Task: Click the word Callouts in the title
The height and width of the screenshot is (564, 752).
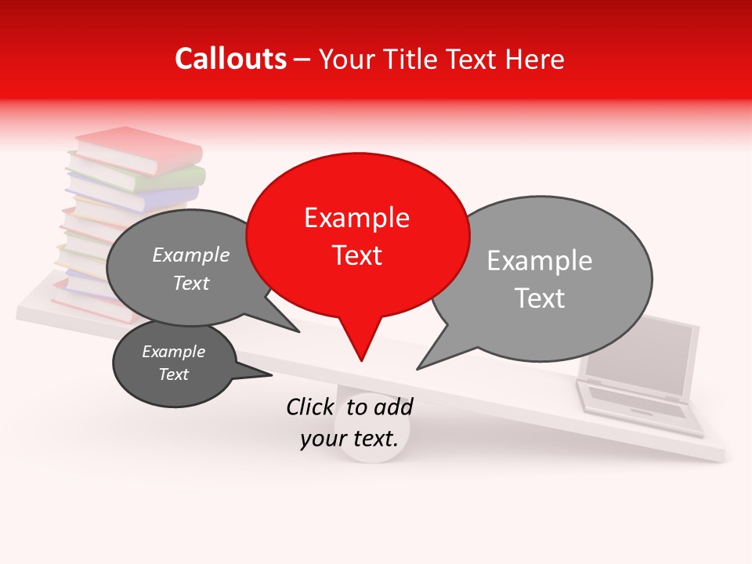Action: pos(230,59)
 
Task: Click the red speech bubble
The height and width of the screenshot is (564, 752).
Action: pos(358,235)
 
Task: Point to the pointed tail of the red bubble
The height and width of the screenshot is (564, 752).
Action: pos(361,356)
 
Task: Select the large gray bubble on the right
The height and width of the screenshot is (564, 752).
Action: pos(548,278)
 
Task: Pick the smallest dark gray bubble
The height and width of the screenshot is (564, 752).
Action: pos(174,363)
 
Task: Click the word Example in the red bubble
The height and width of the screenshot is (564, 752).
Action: pos(356,218)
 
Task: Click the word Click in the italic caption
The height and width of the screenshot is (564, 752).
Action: pos(311,407)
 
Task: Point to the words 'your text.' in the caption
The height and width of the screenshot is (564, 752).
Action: pos(349,439)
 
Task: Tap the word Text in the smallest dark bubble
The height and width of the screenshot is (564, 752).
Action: pos(174,374)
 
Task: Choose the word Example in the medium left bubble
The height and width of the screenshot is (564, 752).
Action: pos(191,255)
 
